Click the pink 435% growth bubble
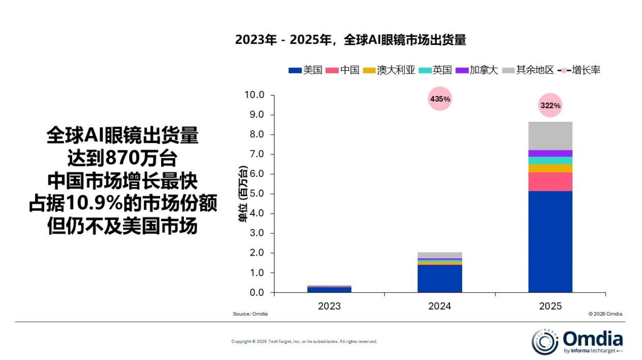(440, 99)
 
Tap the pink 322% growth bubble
(550, 105)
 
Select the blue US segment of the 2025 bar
(550, 241)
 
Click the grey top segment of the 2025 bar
(550, 136)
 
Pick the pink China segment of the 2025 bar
(550, 182)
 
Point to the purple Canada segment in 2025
(550, 153)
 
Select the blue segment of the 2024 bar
(440, 279)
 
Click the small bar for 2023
(329, 289)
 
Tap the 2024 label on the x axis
(440, 307)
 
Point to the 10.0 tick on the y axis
(254, 95)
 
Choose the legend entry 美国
(306, 70)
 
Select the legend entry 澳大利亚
(390, 70)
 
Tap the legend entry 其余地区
(528, 70)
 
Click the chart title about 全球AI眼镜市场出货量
(350, 40)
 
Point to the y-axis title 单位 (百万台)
(244, 193)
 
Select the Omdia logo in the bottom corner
(577, 341)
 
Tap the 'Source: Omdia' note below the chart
(250, 314)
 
